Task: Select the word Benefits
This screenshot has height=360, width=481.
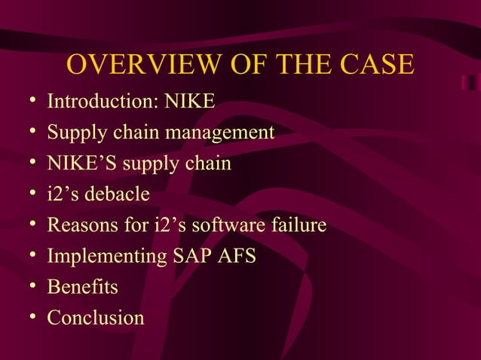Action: click(82, 287)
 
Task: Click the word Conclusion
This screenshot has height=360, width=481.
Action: click(96, 318)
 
